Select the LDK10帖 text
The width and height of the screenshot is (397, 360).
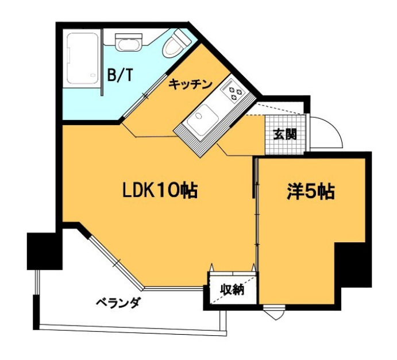point(160,190)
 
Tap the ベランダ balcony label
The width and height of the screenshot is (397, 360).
point(118,303)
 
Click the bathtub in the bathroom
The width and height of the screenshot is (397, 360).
point(83,60)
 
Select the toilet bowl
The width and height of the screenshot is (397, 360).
point(176,45)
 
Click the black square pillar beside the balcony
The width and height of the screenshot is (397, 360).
point(44,250)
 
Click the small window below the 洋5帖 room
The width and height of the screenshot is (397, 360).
point(275,313)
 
